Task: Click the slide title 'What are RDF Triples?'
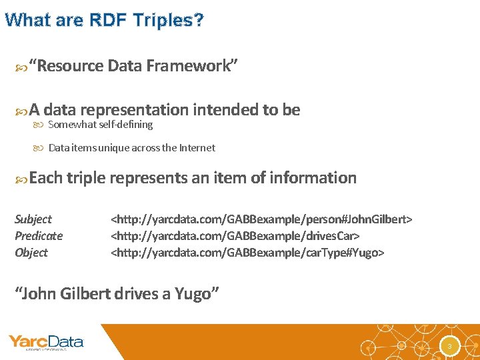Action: coord(104,20)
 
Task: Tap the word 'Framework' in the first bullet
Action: coord(184,66)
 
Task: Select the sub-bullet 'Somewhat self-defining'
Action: coord(100,125)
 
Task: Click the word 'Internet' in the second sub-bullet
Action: coord(197,148)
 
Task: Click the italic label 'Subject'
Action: coord(33,219)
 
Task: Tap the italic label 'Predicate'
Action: coord(39,236)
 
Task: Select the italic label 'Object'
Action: coord(31,253)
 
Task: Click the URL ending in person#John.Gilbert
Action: coord(261,219)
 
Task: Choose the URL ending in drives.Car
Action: coord(235,236)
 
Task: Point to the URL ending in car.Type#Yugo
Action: coord(247,253)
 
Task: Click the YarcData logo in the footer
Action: coord(46,343)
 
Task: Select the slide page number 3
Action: coord(450,346)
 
